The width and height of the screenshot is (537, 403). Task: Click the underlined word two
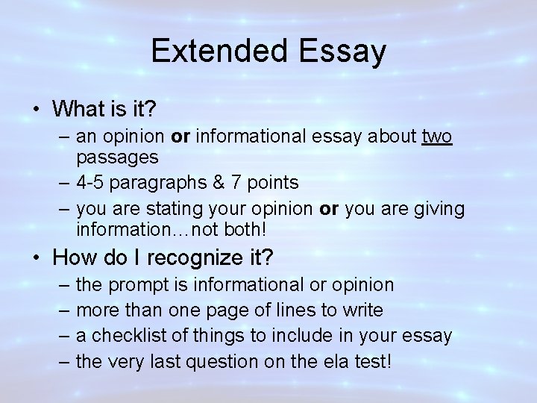[436, 137]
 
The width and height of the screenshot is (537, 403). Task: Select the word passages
[116, 158]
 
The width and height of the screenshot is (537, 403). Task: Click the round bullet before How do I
[37, 258]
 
